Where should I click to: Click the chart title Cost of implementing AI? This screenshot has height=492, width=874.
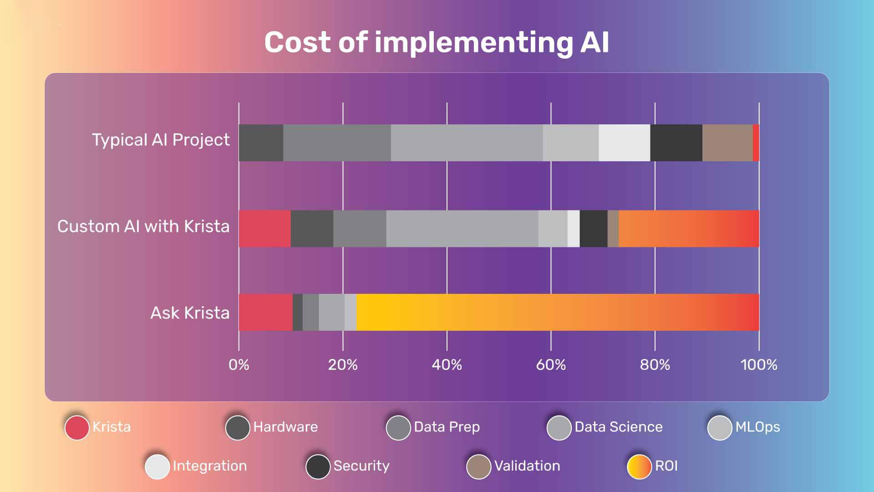coord(437,42)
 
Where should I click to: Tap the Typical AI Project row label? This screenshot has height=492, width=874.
coord(161,140)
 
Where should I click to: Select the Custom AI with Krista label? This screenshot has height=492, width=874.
coord(143,226)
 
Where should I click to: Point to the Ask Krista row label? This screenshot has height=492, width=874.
coord(190,313)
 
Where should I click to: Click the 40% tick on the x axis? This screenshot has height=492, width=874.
coord(447,365)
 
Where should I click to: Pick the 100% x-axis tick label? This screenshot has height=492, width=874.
coord(759,365)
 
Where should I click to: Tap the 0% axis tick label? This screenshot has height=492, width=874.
coord(239,365)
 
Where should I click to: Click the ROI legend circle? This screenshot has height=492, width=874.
coord(639,466)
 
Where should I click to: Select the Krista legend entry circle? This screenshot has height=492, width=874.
coord(77,427)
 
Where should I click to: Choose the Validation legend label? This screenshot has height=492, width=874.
coord(527,466)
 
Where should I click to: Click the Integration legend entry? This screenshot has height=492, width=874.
coord(209,466)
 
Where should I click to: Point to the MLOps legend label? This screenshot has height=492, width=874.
coord(757,427)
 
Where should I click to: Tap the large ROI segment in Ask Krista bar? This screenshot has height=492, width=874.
coord(558,313)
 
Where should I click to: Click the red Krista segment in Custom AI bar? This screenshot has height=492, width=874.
coord(264,229)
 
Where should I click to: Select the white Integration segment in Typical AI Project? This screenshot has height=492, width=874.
coord(624,143)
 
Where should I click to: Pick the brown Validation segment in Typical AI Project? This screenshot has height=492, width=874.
coord(727,143)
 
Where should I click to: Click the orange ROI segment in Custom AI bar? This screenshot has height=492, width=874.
coord(688,229)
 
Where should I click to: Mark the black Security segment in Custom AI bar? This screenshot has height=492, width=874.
coord(594,229)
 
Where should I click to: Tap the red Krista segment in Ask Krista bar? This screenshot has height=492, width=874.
coord(265,313)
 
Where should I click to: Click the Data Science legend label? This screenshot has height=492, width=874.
coord(618,427)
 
